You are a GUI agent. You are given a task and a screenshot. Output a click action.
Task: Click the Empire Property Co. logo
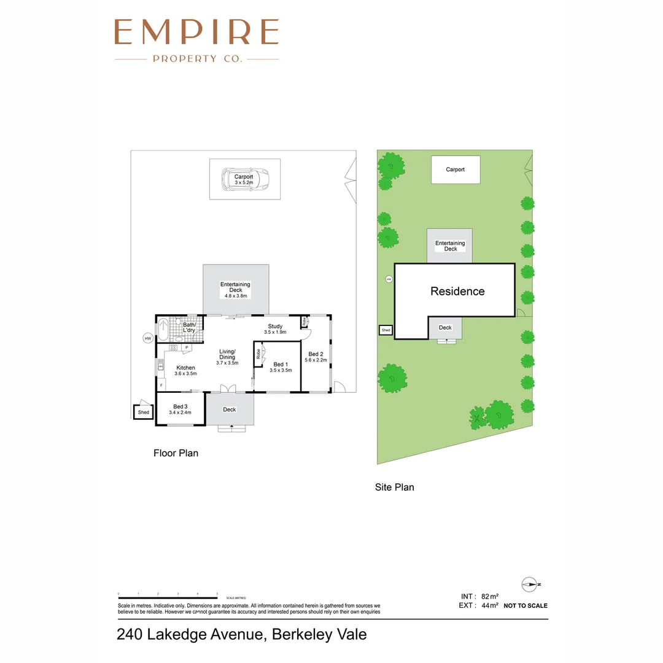tap(196, 40)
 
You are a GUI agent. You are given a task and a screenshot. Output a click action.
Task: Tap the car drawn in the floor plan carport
tap(246, 179)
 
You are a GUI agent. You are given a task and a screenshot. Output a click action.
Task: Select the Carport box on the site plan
tap(456, 169)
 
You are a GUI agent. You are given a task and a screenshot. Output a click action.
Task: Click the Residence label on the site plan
tap(457, 292)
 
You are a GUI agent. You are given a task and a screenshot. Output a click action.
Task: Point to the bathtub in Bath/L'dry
tap(163, 330)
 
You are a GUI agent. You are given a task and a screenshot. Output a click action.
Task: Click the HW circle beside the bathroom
tap(147, 338)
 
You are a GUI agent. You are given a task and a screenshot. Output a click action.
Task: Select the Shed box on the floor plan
tap(143, 412)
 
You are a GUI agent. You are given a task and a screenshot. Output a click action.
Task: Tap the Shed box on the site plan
tap(386, 330)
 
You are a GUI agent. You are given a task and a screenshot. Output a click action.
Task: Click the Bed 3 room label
tap(180, 406)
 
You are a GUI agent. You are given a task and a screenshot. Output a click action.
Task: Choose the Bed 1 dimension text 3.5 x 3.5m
tap(281, 370)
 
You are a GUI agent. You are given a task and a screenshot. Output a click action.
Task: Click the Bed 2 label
tap(316, 354)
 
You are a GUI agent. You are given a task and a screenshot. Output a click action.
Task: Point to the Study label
tap(275, 326)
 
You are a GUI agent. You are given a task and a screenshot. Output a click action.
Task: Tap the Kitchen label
tap(185, 368)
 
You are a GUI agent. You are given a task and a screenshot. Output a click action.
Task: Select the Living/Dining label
tap(227, 354)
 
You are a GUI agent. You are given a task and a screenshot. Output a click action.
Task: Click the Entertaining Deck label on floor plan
tap(236, 287)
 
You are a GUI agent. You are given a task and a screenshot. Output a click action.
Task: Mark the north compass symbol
tap(529, 584)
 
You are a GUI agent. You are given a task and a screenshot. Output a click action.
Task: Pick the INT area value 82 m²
tap(489, 596)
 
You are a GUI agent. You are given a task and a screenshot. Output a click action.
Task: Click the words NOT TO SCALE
tap(525, 606)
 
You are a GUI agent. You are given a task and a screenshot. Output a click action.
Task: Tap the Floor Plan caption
tap(176, 454)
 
